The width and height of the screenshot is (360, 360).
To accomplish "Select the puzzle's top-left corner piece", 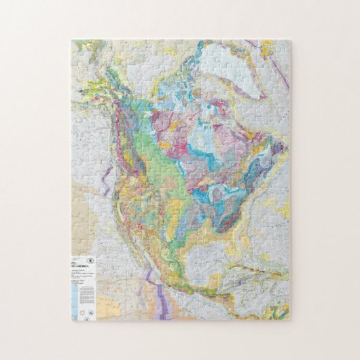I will click(x=77, y=45).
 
